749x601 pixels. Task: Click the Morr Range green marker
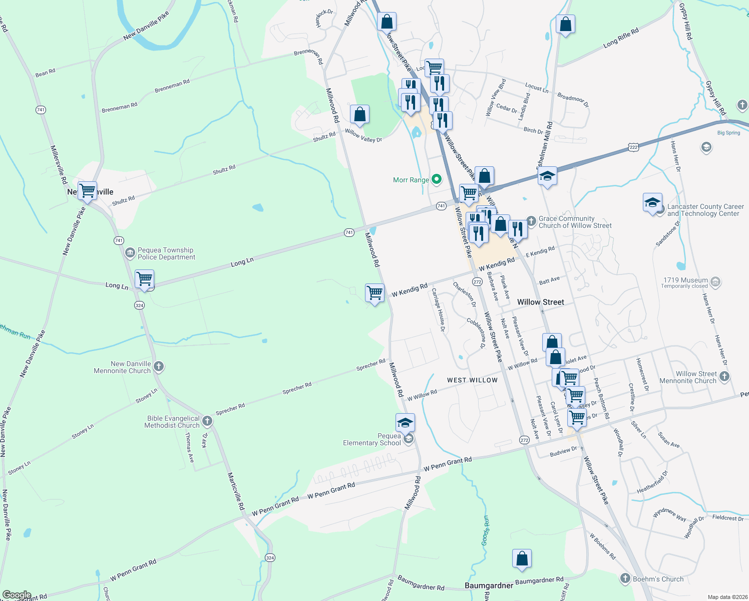pos(437,179)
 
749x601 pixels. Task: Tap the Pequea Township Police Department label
pos(166,254)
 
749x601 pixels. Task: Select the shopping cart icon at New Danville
pos(88,190)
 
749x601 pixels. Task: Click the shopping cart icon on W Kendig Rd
pos(375,292)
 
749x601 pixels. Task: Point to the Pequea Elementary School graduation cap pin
pos(405,423)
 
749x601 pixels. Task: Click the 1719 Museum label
pos(685,283)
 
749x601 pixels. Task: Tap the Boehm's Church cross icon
pos(625,579)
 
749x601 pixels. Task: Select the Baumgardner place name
pos(489,585)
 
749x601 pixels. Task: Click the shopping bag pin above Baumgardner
pos(522,558)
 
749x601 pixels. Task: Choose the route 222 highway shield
pos(633,147)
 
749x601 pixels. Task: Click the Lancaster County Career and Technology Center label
pos(705,210)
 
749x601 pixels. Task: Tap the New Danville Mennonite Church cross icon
pos(159,367)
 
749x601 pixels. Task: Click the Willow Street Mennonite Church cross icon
pos(724,376)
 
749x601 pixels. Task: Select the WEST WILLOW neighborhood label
pos(472,380)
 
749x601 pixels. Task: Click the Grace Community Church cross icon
pos(531,221)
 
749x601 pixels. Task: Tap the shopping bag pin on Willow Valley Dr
pos(359,115)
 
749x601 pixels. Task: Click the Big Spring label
pos(728,133)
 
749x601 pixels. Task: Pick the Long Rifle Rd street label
pos(621,38)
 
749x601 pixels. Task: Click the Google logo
pos(17,595)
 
